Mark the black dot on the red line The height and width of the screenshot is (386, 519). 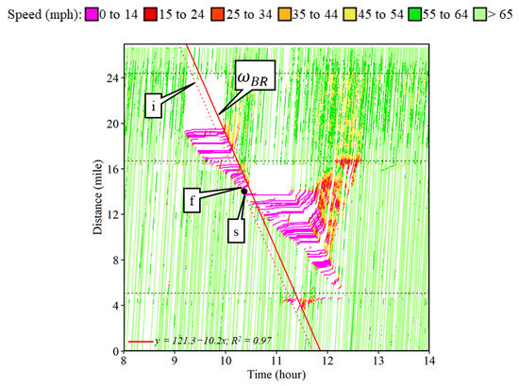[243, 191]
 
